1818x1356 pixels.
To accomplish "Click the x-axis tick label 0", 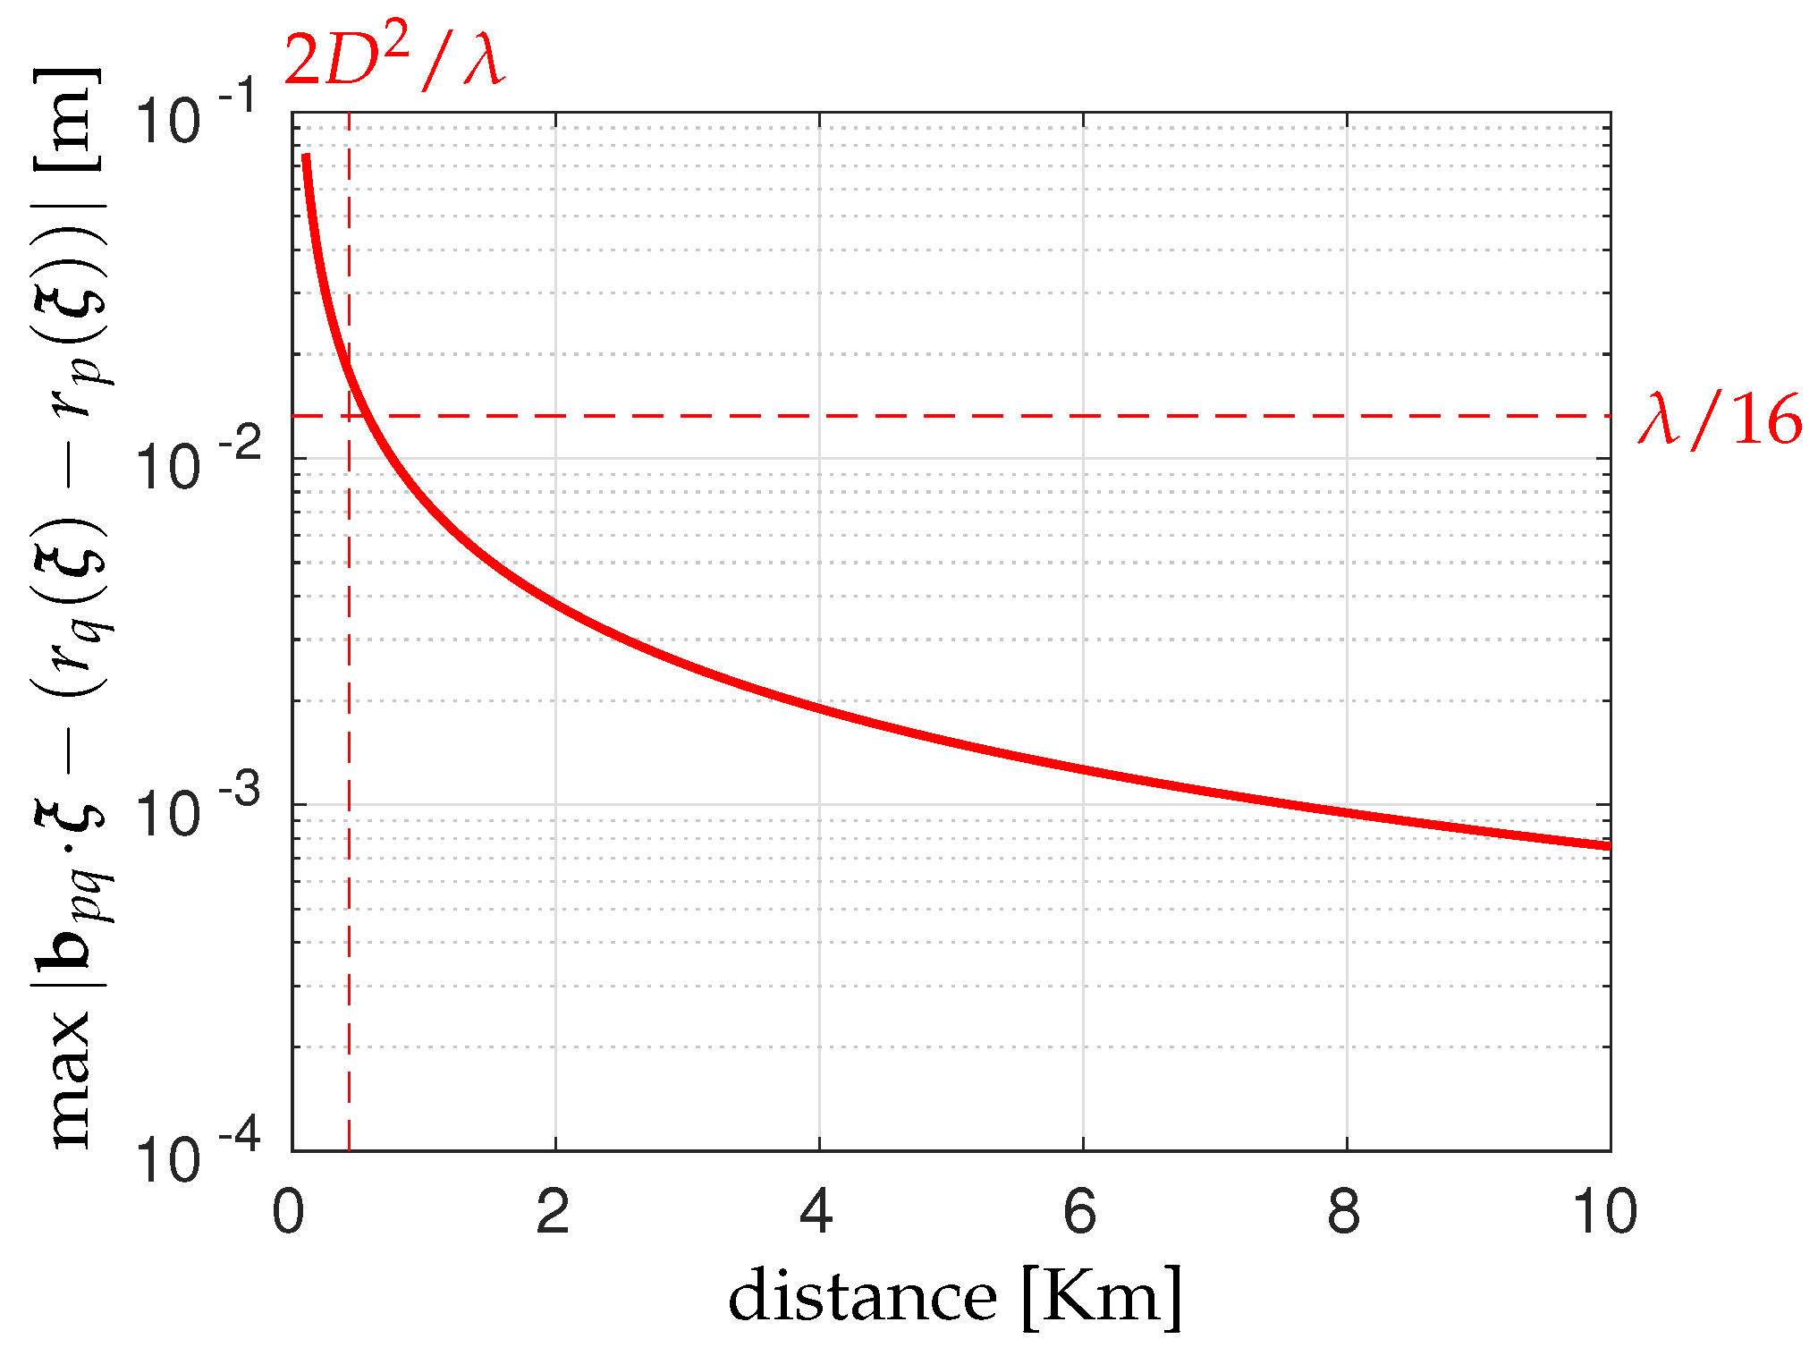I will click(x=289, y=1212).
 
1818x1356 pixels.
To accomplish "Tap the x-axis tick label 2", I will click(x=554, y=1212).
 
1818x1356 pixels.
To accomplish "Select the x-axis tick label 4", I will click(x=817, y=1212).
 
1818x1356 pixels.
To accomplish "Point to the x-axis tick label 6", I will click(x=1081, y=1212).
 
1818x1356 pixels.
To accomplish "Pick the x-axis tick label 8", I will click(x=1345, y=1212).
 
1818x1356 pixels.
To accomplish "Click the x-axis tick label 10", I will click(x=1605, y=1212).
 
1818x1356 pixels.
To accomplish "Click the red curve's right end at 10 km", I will click(x=1609, y=845).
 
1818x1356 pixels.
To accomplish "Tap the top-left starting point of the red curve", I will click(x=306, y=156).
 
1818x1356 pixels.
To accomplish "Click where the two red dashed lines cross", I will click(x=349, y=416).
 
